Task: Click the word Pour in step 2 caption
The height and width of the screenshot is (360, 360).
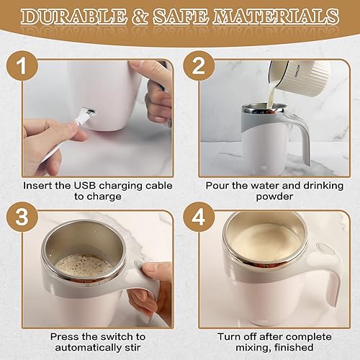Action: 218,185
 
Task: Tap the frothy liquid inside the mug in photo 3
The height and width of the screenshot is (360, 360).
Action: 84,265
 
